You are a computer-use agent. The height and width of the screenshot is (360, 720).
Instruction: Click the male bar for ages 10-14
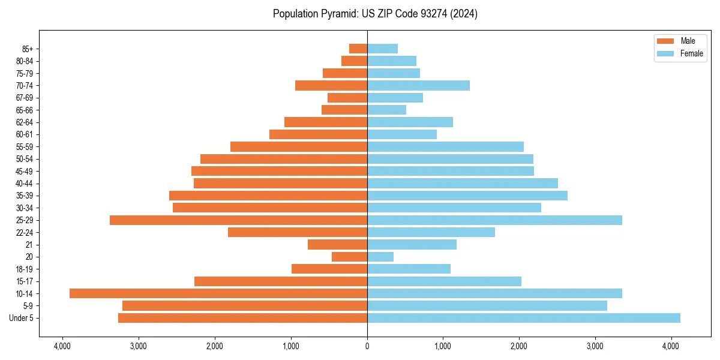tap(218, 293)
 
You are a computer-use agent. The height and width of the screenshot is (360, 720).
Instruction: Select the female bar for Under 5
tap(523, 318)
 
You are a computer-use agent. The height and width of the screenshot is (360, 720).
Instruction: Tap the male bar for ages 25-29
tap(238, 220)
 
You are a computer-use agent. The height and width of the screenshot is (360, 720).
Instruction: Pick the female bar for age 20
tap(380, 257)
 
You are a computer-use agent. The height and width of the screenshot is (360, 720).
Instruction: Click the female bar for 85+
tap(382, 49)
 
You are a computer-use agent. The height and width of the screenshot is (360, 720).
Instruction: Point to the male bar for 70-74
tap(331, 85)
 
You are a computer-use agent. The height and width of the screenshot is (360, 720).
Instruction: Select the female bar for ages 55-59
tap(445, 146)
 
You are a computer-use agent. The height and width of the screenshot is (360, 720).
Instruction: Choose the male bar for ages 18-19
tap(329, 269)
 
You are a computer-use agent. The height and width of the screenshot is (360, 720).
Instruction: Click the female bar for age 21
tap(412, 244)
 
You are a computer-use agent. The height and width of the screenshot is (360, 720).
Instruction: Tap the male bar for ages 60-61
tap(318, 134)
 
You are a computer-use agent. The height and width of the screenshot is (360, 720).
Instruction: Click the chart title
tap(375, 14)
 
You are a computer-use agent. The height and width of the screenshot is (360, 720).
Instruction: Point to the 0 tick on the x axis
tap(367, 346)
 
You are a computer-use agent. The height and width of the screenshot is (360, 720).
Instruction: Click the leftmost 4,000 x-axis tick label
tap(62, 346)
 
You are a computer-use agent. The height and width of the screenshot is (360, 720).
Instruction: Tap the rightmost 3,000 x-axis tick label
tap(595, 346)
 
